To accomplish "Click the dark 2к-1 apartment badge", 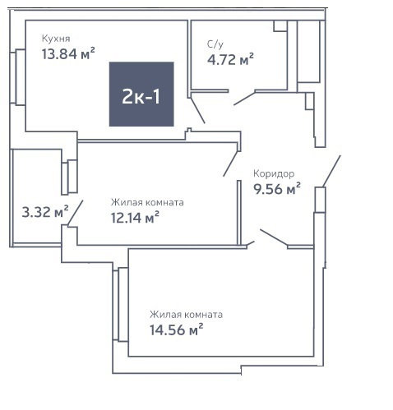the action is [x=141, y=94].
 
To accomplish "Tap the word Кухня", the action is [x=56, y=39].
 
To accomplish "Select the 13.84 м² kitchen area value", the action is [x=68, y=53].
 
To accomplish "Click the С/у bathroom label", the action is [x=215, y=44].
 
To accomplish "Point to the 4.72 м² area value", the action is [x=230, y=59].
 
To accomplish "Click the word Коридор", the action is [x=274, y=173].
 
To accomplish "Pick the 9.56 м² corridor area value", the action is [x=277, y=189].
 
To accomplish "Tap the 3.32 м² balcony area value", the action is [x=45, y=212].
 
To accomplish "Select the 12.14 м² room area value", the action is [x=135, y=218].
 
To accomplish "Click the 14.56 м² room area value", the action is [x=176, y=329].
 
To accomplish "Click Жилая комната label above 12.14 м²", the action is [x=147, y=202].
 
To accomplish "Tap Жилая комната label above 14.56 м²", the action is [x=186, y=315].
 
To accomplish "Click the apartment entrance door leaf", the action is [x=331, y=172].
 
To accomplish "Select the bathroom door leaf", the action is [x=244, y=99].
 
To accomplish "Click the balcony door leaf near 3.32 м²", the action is [x=75, y=214].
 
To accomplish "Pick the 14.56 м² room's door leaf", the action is [x=274, y=237].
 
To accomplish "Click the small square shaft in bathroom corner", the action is [x=280, y=25].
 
